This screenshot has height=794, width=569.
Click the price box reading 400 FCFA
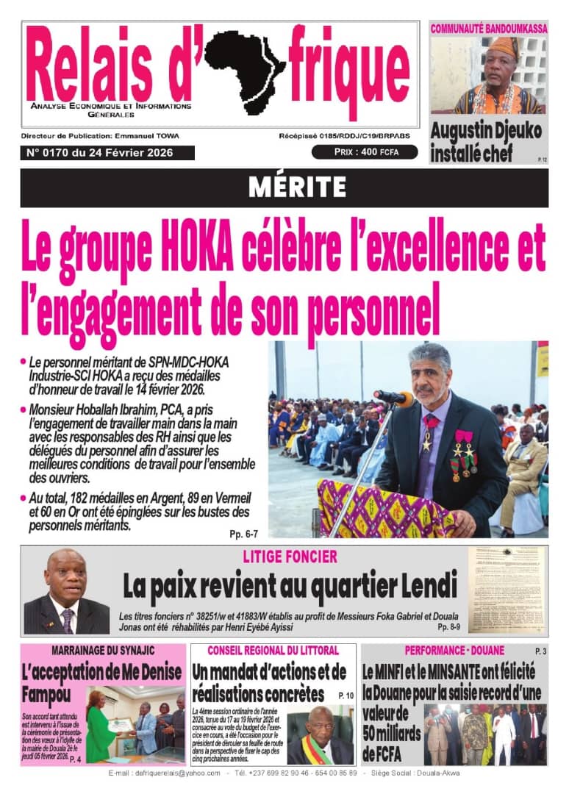pyautogui.click(x=365, y=152)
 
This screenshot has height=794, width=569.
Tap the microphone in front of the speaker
pyautogui.click(x=394, y=398)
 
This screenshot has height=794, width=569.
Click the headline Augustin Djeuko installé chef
pyautogui.click(x=486, y=142)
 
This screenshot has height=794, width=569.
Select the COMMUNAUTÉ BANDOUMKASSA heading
pyautogui.click(x=489, y=29)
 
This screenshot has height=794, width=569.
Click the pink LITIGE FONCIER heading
pyautogui.click(x=290, y=557)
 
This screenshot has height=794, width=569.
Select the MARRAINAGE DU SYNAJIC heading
pyautogui.click(x=102, y=651)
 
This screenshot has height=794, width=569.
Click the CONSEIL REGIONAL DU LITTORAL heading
pyautogui.click(x=273, y=651)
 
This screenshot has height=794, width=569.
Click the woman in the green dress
pyautogui.click(x=101, y=724)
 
